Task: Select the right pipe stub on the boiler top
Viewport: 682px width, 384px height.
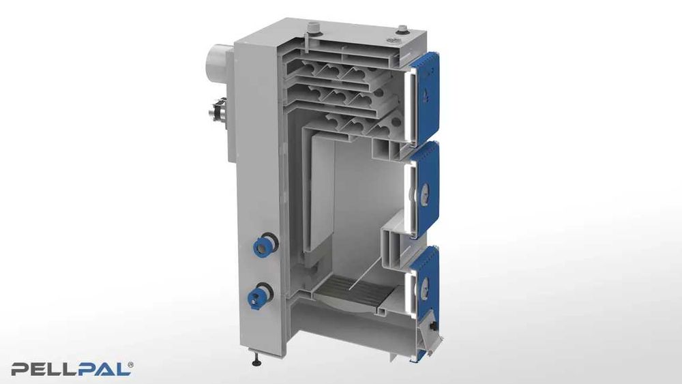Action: coord(402,29)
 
